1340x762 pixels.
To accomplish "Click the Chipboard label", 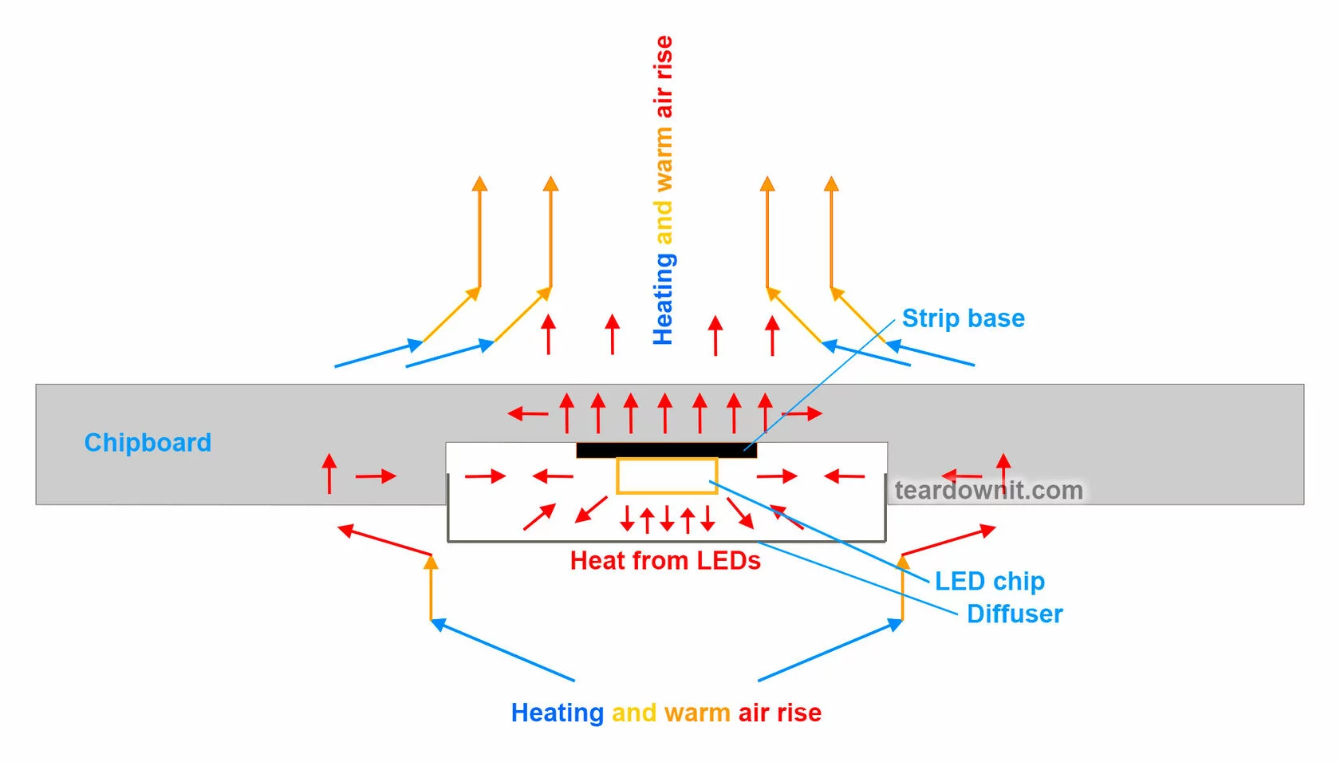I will point(148,443).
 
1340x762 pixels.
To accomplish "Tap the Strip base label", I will point(963,318).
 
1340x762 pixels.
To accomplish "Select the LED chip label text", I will point(989,581).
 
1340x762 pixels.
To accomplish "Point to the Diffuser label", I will point(1015,614).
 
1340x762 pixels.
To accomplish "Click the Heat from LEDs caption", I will point(665,561).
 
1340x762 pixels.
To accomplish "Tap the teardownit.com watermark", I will point(988,490).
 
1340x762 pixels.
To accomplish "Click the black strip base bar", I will point(666,450).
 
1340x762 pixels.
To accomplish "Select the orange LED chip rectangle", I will point(667,476).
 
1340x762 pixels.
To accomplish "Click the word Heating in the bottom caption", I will point(557,713).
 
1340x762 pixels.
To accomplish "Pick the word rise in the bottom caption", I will point(800,713).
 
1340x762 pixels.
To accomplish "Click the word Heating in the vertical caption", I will point(664,299).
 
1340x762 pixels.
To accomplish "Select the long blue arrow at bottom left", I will point(503,650).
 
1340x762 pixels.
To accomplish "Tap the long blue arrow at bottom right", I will point(830,650).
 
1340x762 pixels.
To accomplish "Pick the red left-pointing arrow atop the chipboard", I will point(527,413).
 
